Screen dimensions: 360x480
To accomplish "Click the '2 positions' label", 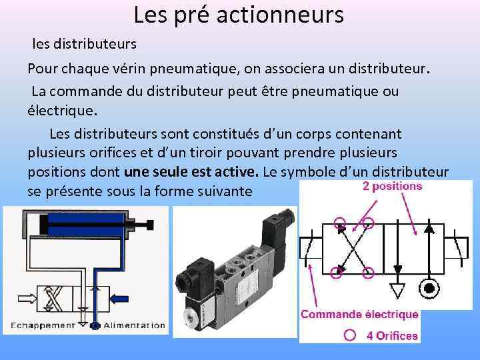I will tap(392, 187).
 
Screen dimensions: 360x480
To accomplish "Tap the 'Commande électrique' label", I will tap(359, 314).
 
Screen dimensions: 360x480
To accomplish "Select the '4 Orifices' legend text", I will tap(392, 335).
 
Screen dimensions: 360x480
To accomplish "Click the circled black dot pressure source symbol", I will tap(429, 289).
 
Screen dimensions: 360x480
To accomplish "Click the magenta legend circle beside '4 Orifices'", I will tap(349, 335).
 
